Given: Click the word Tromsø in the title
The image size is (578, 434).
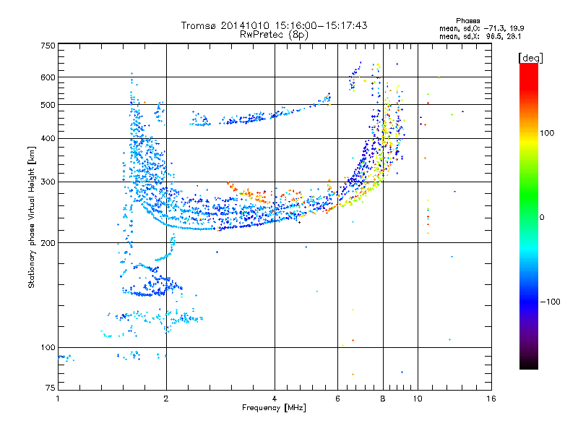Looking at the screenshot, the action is (x=199, y=25).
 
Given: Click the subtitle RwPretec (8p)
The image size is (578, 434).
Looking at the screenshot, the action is (x=274, y=35).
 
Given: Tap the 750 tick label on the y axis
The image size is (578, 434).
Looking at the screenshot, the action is (x=48, y=46).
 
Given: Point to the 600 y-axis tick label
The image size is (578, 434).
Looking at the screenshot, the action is (x=48, y=77).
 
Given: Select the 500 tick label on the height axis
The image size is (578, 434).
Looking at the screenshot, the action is (x=48, y=105).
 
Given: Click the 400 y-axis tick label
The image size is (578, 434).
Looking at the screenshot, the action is (x=48, y=138).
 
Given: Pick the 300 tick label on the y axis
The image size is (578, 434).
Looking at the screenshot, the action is (x=48, y=182).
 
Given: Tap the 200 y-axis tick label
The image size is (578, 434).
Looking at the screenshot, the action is (x=48, y=243).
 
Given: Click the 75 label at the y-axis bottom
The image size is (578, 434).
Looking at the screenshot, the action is (x=51, y=388).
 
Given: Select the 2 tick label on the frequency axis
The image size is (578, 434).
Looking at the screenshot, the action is (x=166, y=399).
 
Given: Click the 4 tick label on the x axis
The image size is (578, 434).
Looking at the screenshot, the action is (x=275, y=399).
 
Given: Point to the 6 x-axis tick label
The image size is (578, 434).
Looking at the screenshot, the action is (x=337, y=399).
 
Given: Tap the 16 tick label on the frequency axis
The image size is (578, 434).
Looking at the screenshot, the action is (x=491, y=399).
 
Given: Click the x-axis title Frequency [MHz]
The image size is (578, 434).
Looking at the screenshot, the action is (x=274, y=408).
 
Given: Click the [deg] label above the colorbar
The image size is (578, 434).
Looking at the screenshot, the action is (x=530, y=58).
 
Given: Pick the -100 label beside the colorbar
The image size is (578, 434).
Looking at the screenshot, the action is (x=550, y=302).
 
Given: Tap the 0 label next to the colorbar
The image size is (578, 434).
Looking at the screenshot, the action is (x=542, y=218).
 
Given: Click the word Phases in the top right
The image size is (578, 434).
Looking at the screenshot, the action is (x=467, y=21).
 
